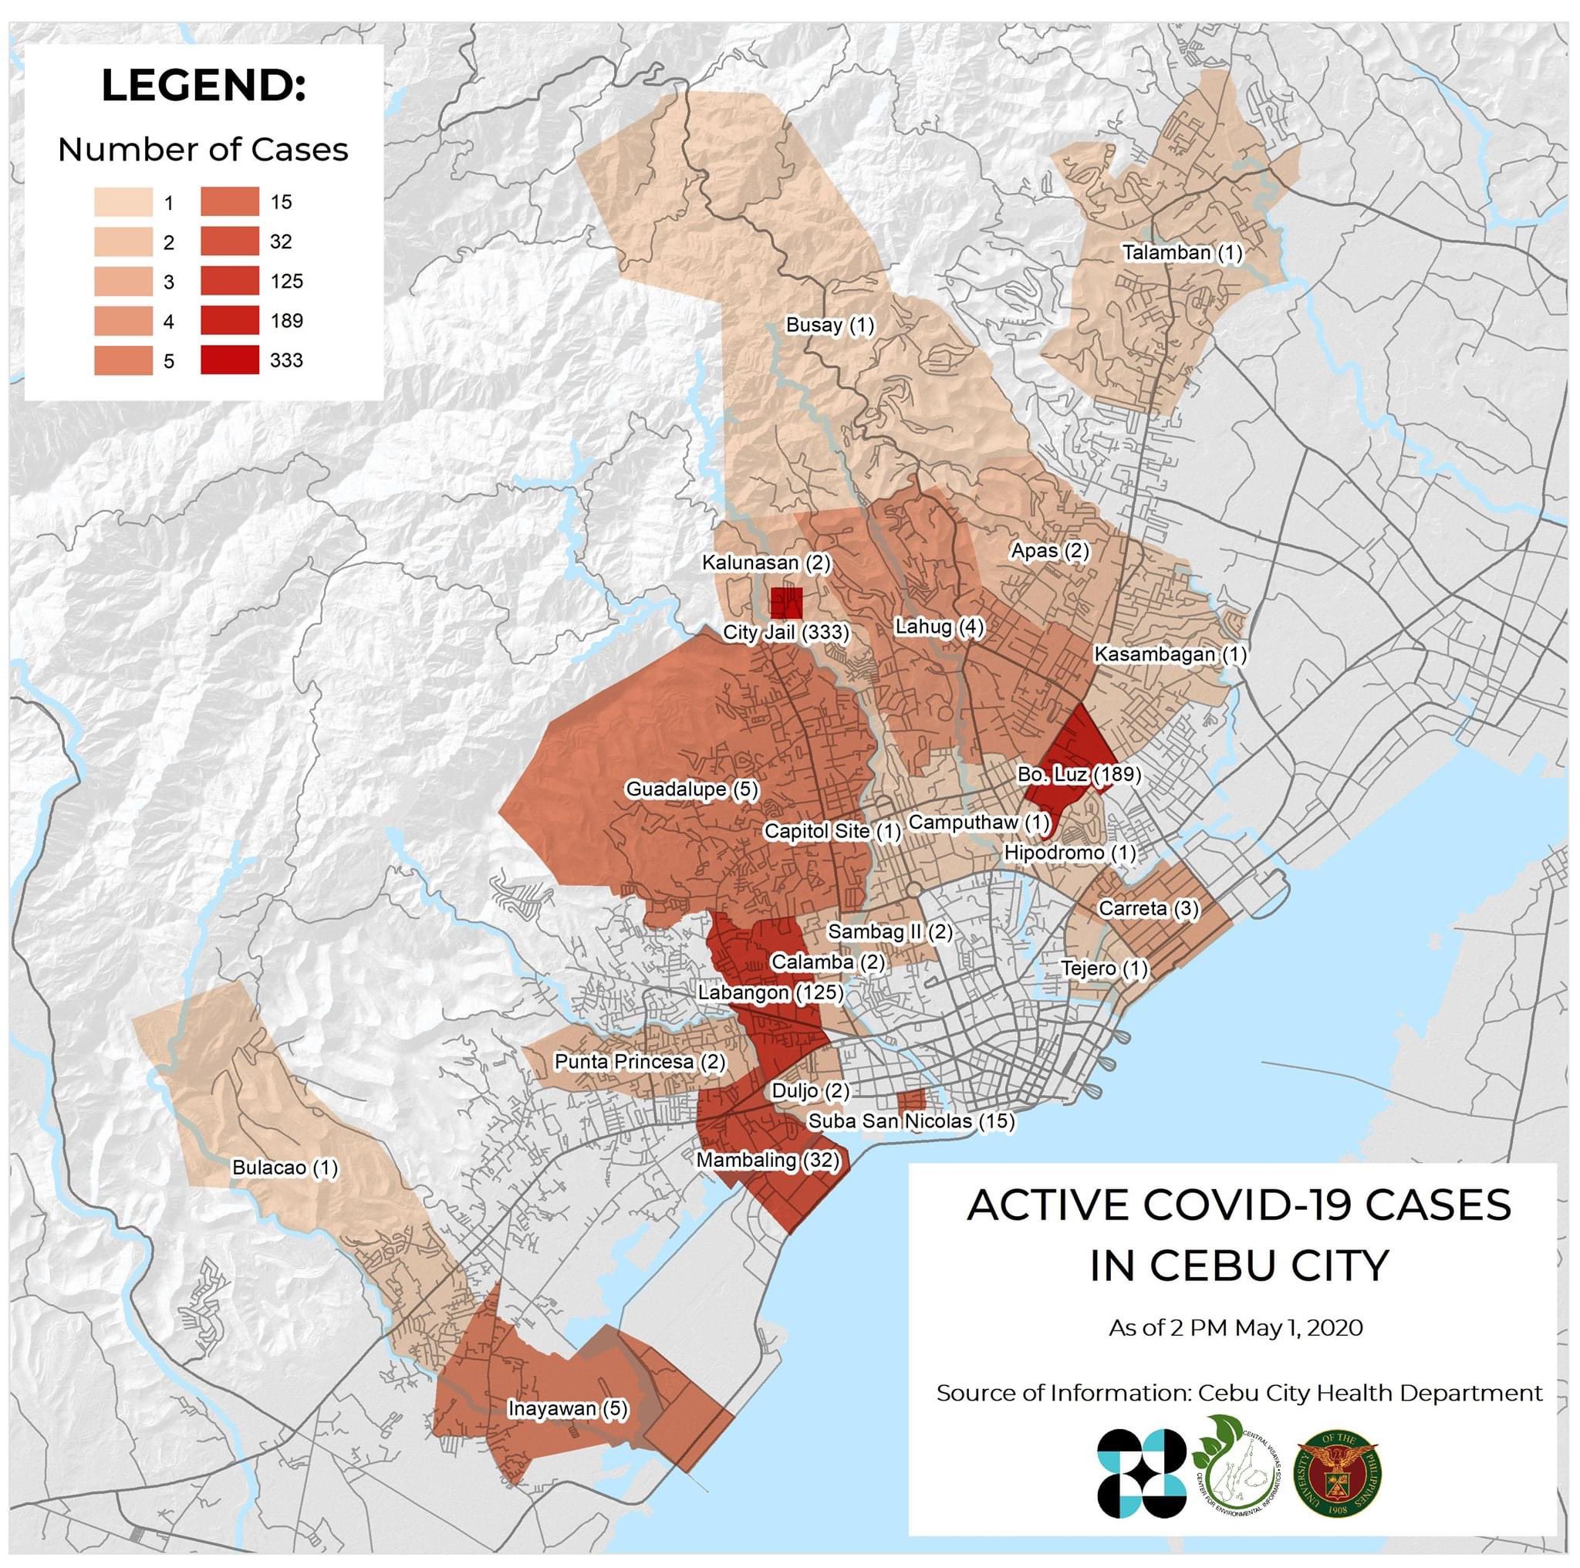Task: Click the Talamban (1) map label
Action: click(1182, 253)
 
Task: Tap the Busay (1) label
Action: click(829, 326)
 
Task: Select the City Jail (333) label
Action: click(786, 632)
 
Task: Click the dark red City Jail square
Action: click(787, 603)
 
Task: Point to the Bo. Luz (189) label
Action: click(1079, 774)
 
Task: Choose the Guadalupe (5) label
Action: click(692, 789)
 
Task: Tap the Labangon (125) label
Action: click(769, 992)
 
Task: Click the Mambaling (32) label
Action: click(767, 1160)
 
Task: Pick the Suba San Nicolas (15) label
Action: click(911, 1121)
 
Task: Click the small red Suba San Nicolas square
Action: click(910, 1099)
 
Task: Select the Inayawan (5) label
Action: click(568, 1408)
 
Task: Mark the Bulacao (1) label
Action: click(285, 1168)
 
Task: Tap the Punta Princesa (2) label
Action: click(640, 1062)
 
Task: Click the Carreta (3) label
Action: click(1148, 908)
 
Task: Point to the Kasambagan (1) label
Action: click(1170, 654)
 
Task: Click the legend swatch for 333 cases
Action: click(230, 360)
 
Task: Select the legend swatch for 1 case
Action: click(123, 202)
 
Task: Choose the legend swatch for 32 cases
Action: click(230, 242)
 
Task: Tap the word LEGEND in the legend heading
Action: click(203, 86)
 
